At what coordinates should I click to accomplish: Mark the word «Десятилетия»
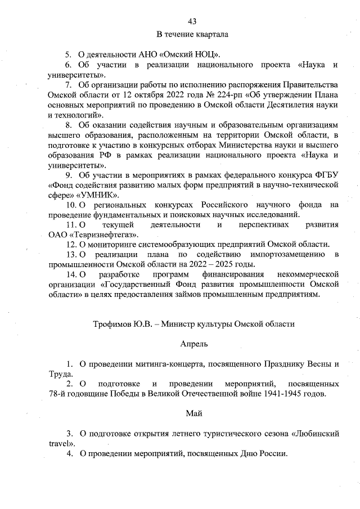tap(277, 105)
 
